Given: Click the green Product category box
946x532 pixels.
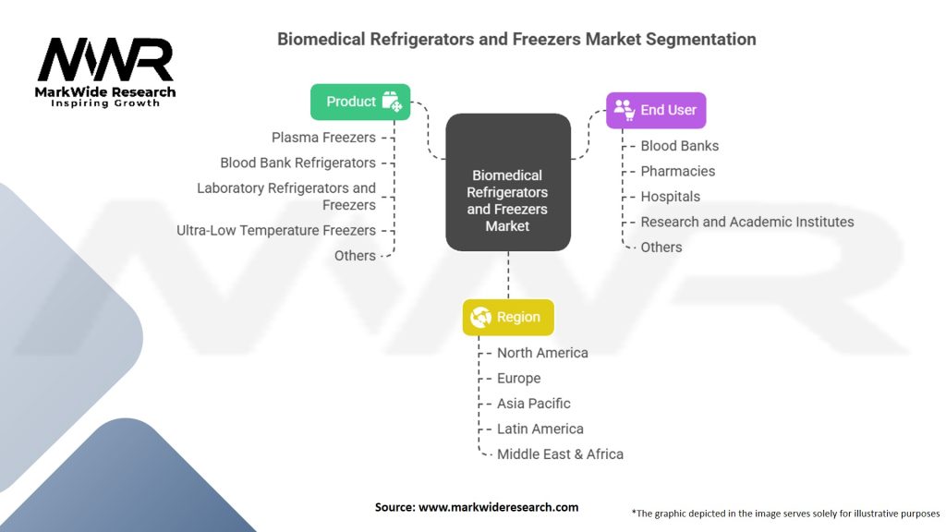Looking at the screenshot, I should click(x=360, y=102).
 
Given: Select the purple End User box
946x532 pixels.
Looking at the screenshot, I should click(x=656, y=110).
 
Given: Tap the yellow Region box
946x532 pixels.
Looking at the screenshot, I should click(x=508, y=317).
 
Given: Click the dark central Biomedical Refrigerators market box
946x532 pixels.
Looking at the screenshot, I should click(x=507, y=182).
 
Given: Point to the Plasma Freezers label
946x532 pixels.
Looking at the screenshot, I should click(x=323, y=138).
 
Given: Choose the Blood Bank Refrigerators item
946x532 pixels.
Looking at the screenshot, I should click(x=297, y=163).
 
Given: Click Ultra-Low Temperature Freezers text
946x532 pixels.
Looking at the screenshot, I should click(x=276, y=230).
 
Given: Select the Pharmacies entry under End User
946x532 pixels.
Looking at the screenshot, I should click(x=677, y=171).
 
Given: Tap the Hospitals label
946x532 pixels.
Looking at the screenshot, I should click(x=670, y=197).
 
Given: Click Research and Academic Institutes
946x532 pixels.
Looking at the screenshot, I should click(x=746, y=222).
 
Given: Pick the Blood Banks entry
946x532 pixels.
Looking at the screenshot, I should click(x=679, y=146).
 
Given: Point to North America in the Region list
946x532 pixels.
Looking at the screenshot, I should click(x=542, y=353).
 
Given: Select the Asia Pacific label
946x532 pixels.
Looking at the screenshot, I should click(x=533, y=404).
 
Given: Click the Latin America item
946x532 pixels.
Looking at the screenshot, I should click(x=540, y=429).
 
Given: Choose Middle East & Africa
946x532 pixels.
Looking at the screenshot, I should click(x=560, y=454).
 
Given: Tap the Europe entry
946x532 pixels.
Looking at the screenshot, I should click(x=518, y=379).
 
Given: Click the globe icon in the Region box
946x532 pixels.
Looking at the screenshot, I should click(x=480, y=317).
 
